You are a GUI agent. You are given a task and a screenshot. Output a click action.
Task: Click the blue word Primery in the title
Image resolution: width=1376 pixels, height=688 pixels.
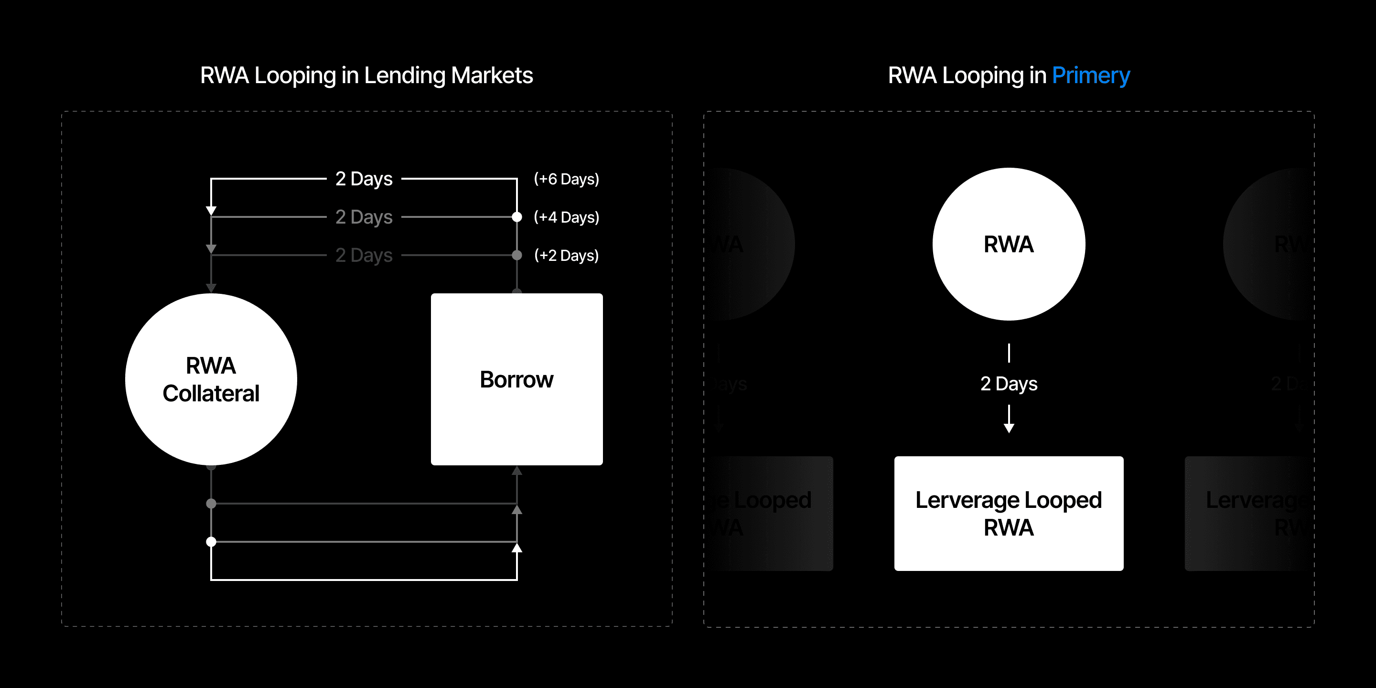(1091, 75)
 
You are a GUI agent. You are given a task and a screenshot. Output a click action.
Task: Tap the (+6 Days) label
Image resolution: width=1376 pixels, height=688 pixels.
(566, 179)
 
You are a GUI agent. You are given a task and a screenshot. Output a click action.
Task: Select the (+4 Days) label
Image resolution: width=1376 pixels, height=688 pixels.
(566, 217)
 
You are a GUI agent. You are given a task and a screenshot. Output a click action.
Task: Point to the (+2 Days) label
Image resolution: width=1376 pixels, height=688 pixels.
(566, 255)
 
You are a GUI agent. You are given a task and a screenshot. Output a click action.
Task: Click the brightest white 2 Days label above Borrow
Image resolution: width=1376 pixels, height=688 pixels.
(364, 179)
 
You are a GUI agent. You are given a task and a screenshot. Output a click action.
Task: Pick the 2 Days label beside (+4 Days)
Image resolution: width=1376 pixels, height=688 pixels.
(364, 217)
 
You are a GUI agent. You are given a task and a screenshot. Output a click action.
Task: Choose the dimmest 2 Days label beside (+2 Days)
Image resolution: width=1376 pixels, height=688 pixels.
(364, 255)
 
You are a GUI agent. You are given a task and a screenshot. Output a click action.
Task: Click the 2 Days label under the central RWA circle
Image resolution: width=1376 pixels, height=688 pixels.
(1009, 384)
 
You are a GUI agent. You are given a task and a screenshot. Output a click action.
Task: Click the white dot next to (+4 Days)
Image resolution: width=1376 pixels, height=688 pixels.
(516, 217)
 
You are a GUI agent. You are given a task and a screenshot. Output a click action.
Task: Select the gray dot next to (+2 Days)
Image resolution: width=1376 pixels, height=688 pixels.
(516, 255)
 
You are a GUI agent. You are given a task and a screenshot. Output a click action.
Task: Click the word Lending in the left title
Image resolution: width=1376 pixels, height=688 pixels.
(404, 75)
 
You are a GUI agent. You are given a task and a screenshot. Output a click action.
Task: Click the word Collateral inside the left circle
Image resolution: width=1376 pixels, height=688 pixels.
(211, 394)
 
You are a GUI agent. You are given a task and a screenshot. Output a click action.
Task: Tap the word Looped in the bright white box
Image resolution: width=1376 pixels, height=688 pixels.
(1063, 500)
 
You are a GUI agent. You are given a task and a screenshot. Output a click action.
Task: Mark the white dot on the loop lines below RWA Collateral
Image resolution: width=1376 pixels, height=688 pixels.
(211, 542)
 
